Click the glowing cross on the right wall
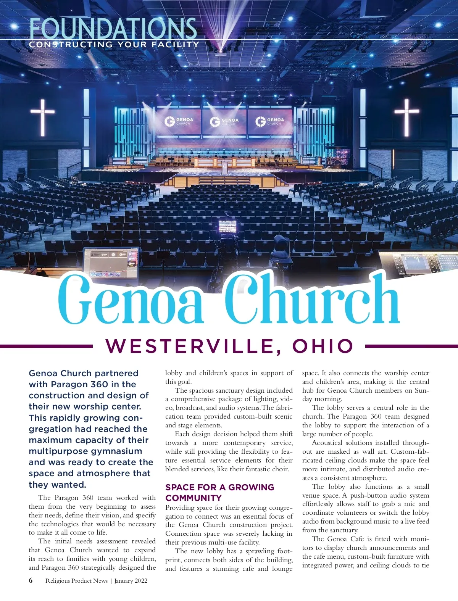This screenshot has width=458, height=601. click(x=406, y=117)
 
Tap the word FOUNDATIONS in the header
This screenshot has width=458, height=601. click(x=113, y=29)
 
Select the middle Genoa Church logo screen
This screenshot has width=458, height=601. click(x=224, y=122)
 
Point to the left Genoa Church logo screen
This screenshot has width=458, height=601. click(x=179, y=122)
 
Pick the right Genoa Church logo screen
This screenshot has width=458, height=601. click(x=270, y=122)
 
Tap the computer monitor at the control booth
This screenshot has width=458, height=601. click(x=111, y=263)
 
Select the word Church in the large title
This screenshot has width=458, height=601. click(x=311, y=300)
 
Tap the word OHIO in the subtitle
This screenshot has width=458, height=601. click(x=323, y=346)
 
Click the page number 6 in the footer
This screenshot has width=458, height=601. click(x=31, y=580)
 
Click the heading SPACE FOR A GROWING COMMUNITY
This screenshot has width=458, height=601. click(x=219, y=492)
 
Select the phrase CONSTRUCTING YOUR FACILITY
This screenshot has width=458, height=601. click(x=114, y=45)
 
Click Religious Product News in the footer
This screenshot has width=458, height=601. click(x=76, y=581)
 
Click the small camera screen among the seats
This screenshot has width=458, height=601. click(x=228, y=226)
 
